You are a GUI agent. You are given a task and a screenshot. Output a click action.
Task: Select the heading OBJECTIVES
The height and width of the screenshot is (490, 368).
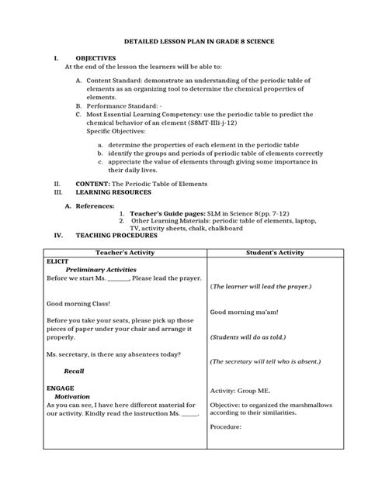tap(95, 58)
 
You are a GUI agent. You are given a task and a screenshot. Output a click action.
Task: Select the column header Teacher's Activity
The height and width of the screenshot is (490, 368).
tap(125, 254)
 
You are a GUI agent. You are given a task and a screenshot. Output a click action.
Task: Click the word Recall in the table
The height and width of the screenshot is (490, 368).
tap(74, 371)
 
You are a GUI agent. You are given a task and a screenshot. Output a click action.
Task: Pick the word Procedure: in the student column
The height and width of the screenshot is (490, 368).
tap(227, 426)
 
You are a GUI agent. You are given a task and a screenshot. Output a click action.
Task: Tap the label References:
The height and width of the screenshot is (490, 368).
tap(93, 205)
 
